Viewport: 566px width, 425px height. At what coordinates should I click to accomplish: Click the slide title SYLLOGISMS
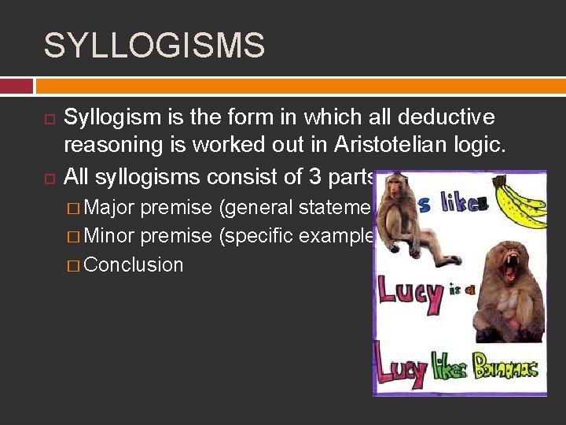click(154, 46)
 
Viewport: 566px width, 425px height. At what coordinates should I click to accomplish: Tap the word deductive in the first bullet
click(446, 117)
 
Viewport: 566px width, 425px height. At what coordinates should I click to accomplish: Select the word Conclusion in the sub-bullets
click(133, 264)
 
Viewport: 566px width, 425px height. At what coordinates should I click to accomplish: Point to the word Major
click(108, 208)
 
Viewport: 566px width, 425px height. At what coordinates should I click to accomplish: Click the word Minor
click(108, 236)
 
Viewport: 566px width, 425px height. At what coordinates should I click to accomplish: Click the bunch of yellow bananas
click(519, 201)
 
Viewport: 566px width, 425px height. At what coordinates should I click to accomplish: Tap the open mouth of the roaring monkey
click(509, 268)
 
